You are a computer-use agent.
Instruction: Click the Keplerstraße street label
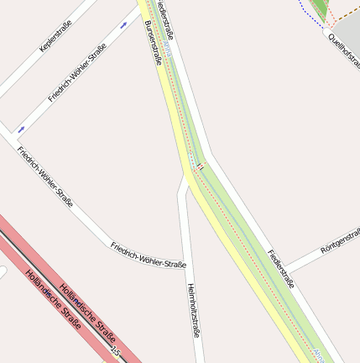[x=55, y=36]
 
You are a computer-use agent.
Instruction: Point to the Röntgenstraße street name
[x=340, y=242]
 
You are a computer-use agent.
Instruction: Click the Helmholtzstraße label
[x=193, y=310]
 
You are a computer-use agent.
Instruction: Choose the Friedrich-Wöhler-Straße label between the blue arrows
[x=77, y=72]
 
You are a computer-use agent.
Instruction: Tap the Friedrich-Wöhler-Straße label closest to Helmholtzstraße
[x=148, y=253]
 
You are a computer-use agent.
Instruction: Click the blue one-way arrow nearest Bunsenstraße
[x=124, y=25]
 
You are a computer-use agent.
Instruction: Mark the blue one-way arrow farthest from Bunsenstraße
[x=21, y=129]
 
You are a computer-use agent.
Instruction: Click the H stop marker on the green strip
[x=201, y=168]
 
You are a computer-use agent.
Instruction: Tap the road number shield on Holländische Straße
[x=115, y=351]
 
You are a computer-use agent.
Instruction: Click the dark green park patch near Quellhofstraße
[x=320, y=9]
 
